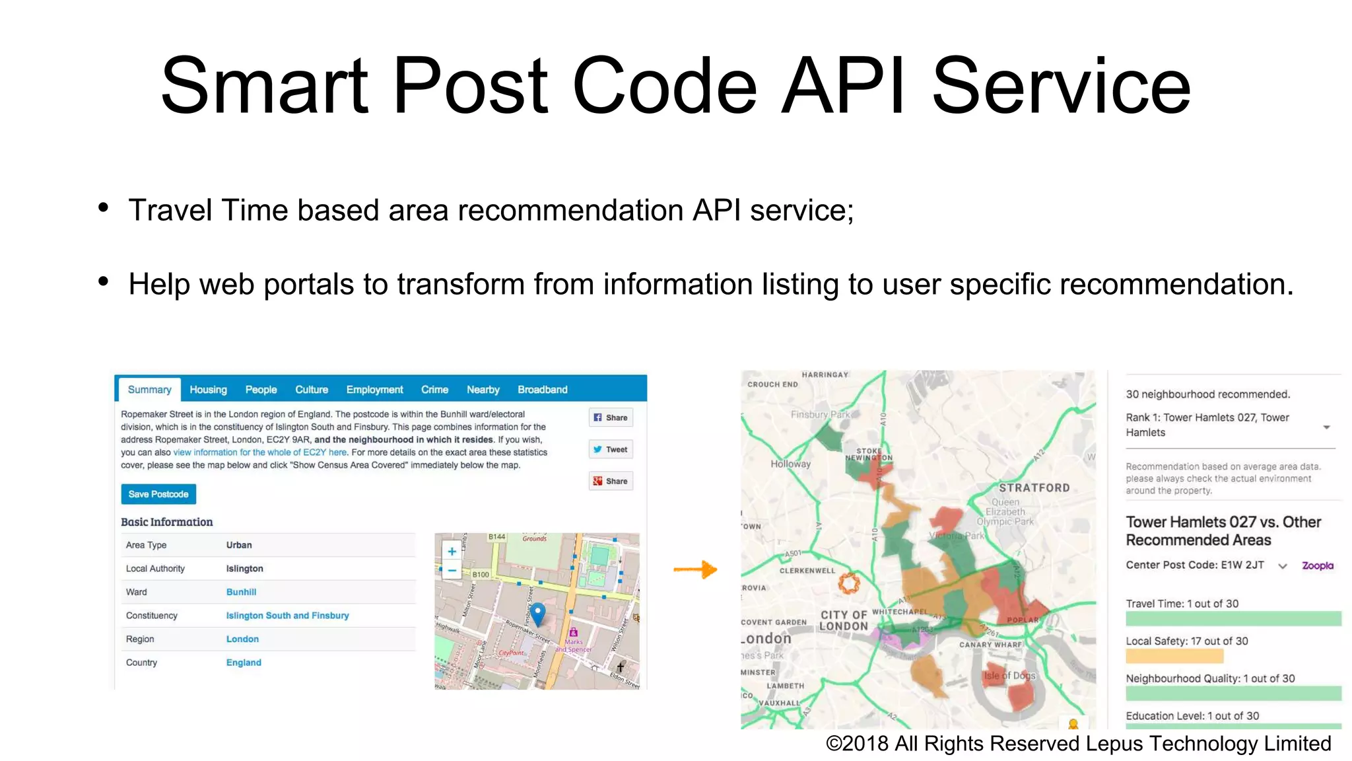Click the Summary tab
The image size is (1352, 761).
click(149, 390)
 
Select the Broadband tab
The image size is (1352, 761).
click(542, 390)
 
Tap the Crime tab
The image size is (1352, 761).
click(434, 390)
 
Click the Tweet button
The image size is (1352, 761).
click(611, 450)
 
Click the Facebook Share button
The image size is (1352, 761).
click(611, 417)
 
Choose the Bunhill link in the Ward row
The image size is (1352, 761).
click(241, 592)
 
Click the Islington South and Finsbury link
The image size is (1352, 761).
click(287, 616)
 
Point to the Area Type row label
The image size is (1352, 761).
click(146, 545)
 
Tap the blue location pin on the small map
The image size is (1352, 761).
click(538, 612)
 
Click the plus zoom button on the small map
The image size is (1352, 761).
click(452, 552)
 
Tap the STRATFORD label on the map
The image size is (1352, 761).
click(1034, 488)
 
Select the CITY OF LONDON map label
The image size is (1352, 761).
click(844, 620)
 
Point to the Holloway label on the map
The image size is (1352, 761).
click(790, 464)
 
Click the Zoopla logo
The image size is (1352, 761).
click(1317, 565)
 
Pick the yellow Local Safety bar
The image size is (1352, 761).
click(1174, 656)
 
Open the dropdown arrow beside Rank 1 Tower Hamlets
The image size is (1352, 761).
click(1326, 427)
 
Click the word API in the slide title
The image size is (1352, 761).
click(843, 86)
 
